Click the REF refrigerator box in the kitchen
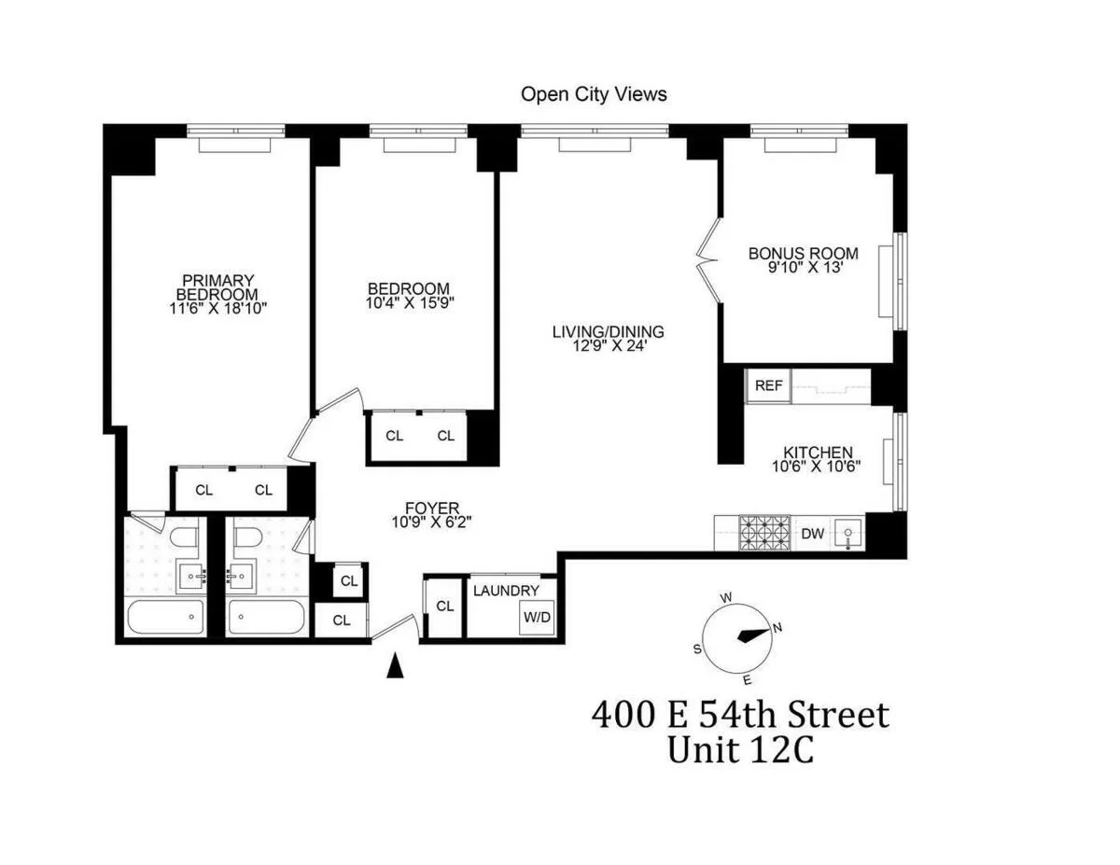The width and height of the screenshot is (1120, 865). tap(768, 386)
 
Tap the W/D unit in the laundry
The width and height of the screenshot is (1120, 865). tap(537, 617)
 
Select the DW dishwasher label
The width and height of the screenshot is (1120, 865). tap(813, 534)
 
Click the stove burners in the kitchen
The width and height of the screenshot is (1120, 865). tap(765, 534)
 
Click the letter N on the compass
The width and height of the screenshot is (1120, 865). tap(777, 628)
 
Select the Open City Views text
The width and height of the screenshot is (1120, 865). tap(594, 94)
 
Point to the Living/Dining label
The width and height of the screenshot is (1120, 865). tap(608, 331)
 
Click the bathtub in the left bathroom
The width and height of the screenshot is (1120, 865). tap(166, 617)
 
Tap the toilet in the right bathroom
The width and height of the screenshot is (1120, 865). tap(247, 537)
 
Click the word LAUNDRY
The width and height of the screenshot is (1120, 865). tap(506, 591)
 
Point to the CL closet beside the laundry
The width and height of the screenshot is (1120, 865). tap(444, 607)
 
